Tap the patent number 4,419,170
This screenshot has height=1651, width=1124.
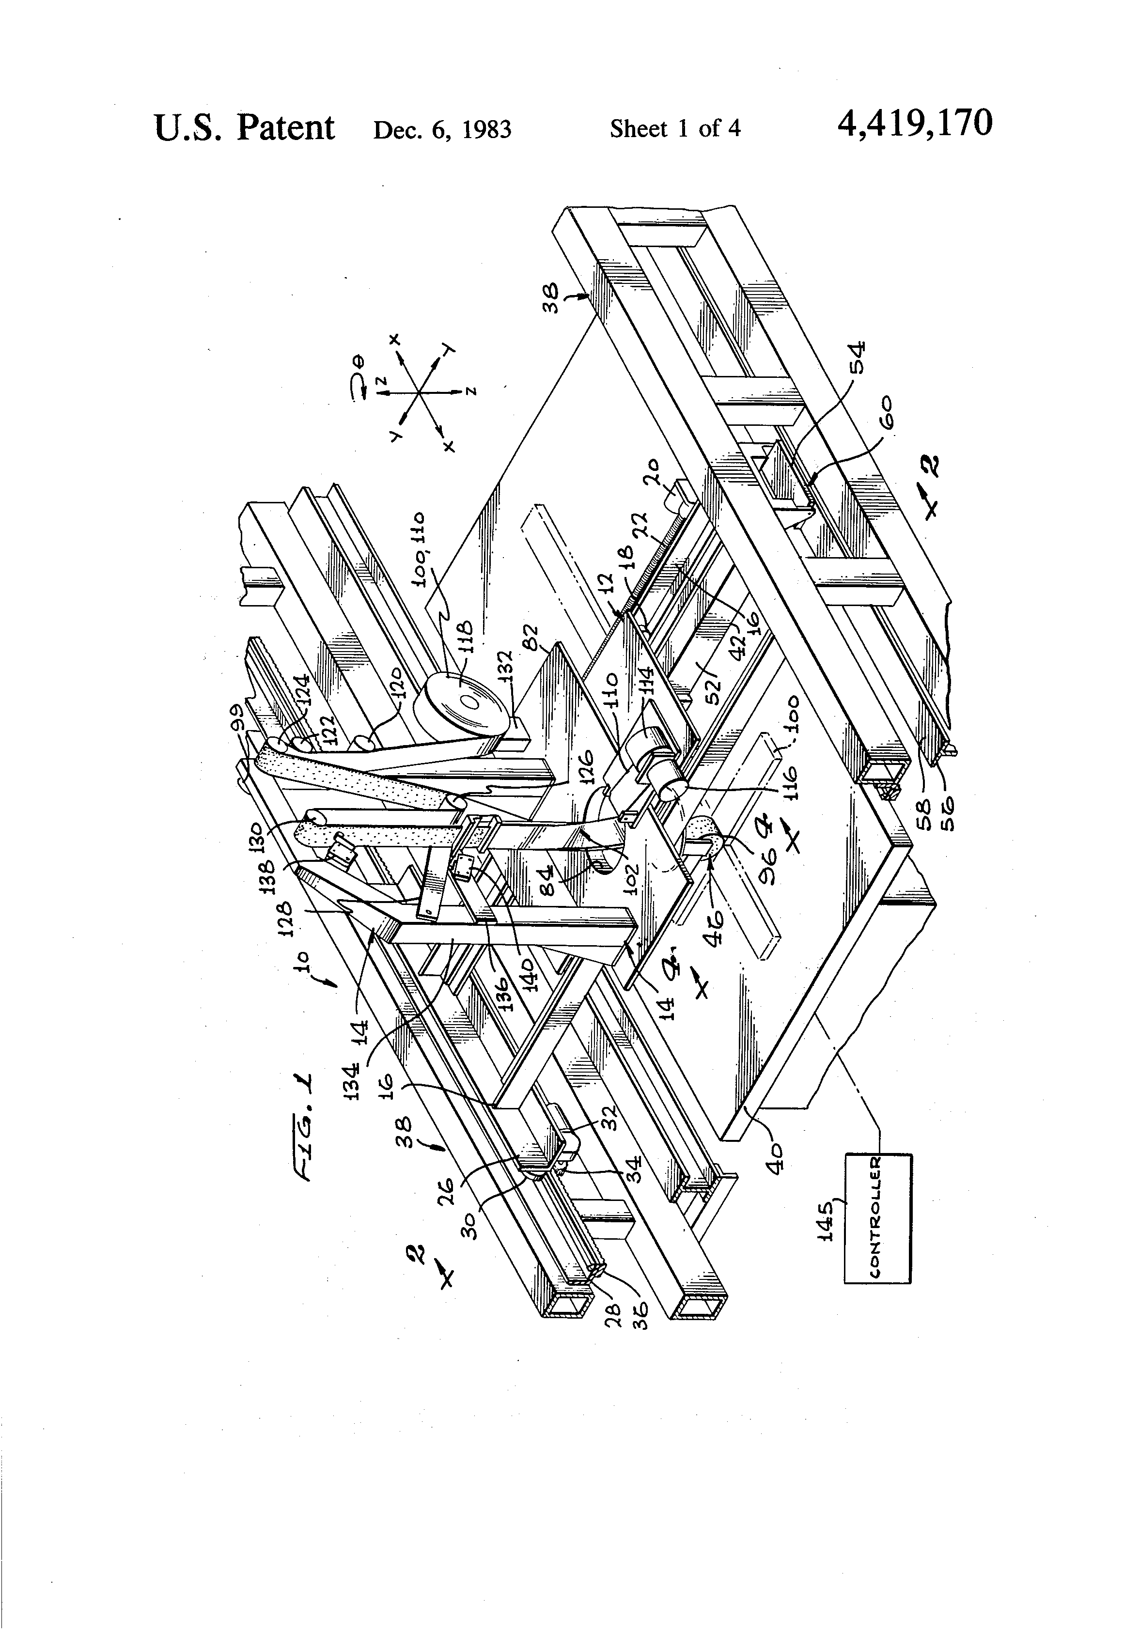pos(914,124)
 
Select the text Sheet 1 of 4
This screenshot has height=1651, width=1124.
pos(674,128)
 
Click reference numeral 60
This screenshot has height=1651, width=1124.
pos(891,415)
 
